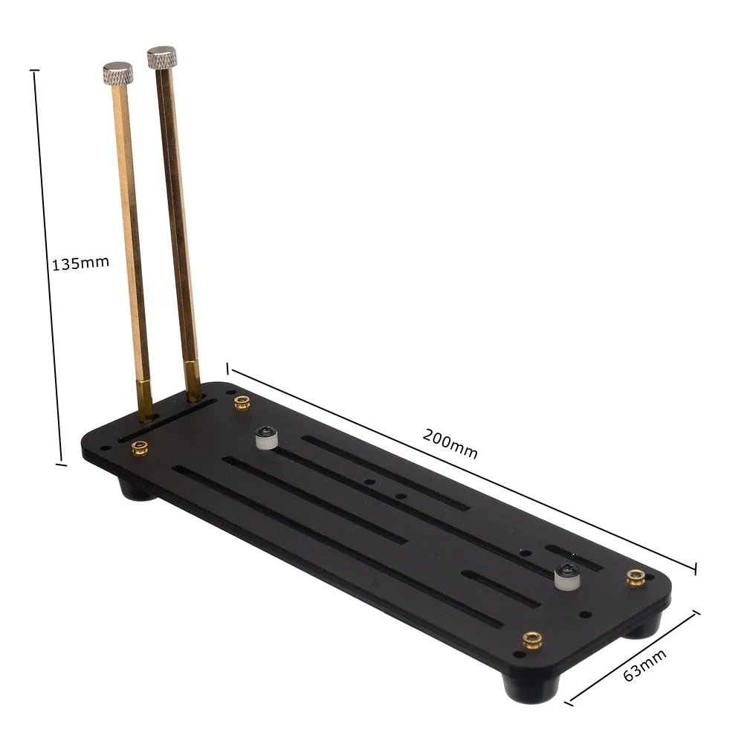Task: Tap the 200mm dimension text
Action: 450,444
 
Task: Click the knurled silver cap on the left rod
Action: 117,73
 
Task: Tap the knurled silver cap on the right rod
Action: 161,57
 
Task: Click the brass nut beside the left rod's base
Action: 139,447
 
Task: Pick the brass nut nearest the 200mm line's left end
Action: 241,403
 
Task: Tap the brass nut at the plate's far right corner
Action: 634,578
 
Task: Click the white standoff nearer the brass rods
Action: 265,438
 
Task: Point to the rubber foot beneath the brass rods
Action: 135,489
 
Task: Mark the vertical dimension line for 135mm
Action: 47,268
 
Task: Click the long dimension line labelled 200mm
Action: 461,468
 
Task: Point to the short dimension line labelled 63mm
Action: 633,657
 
